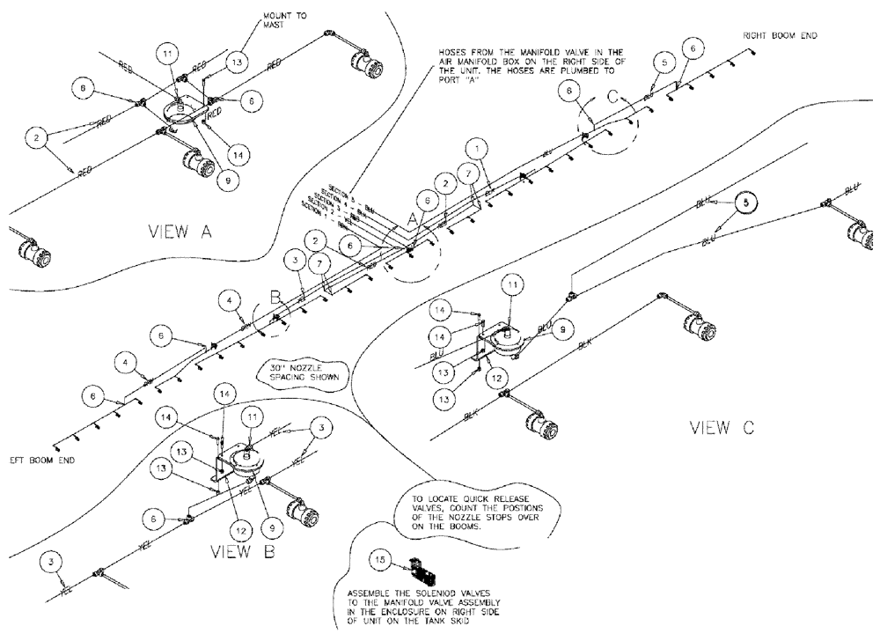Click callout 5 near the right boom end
664,61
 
